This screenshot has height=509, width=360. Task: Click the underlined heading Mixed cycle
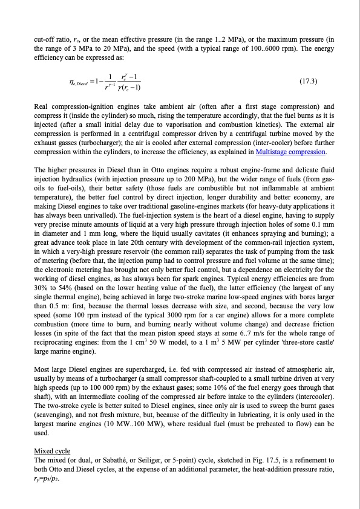tap(52, 451)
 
